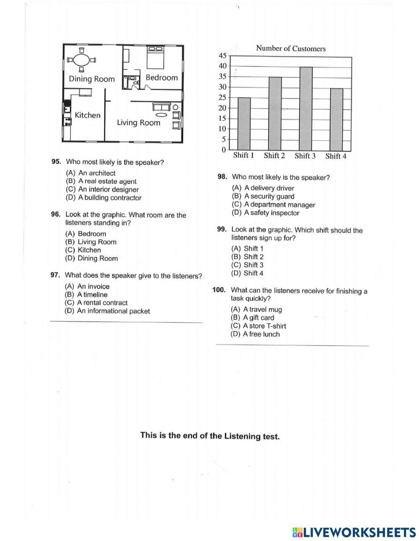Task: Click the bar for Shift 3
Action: (305, 109)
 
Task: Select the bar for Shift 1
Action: (244, 124)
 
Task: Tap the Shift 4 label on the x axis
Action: (336, 156)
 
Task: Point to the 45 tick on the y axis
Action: (222, 56)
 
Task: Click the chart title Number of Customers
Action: (290, 49)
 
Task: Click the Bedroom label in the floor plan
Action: (161, 78)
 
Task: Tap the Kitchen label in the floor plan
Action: (88, 115)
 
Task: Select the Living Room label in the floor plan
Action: (138, 123)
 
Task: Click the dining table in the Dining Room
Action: (82, 60)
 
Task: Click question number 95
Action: (56, 161)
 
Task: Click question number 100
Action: (219, 290)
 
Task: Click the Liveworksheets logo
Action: (354, 532)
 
